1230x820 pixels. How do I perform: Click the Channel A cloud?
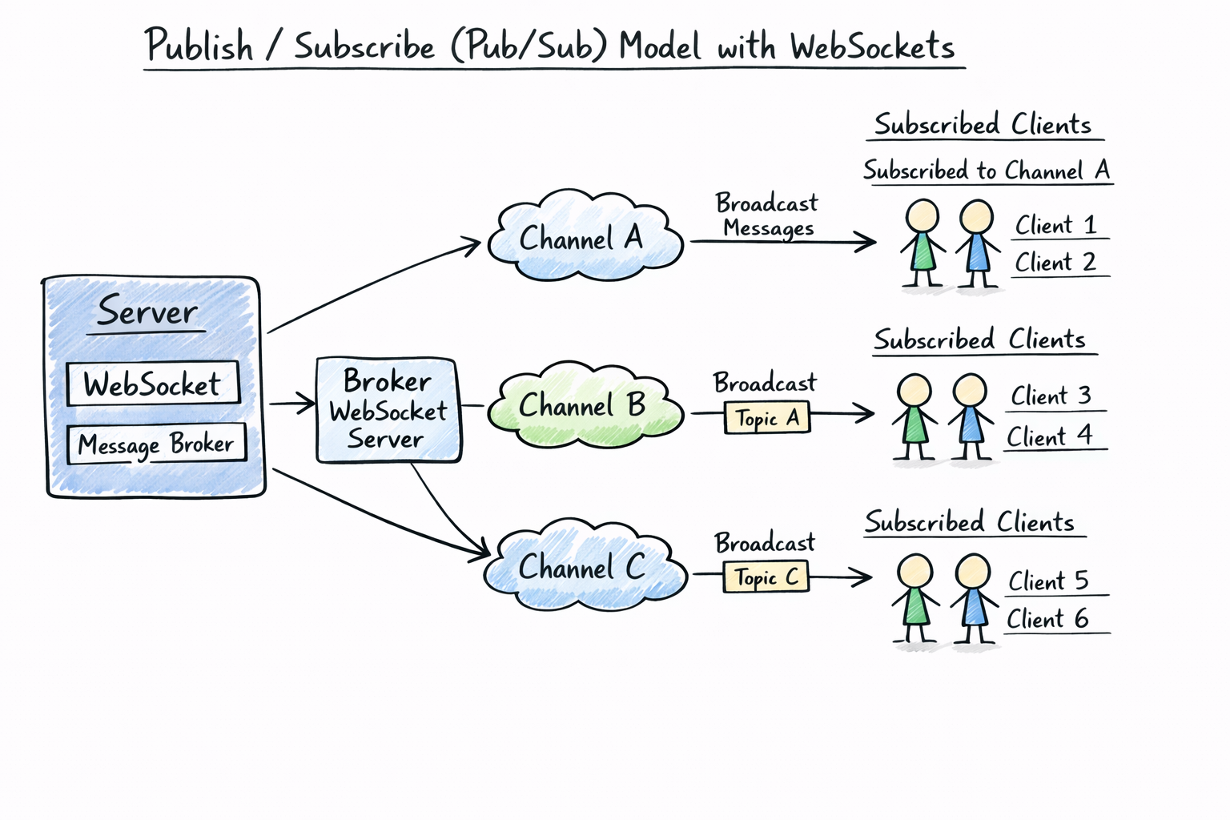tap(585, 238)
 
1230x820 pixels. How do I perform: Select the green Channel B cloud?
tap(585, 405)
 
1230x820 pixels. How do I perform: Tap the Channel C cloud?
tap(585, 567)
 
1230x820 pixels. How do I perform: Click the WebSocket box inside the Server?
tap(152, 384)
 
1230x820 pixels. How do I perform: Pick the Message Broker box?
tap(156, 444)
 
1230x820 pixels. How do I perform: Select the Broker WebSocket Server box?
tap(388, 410)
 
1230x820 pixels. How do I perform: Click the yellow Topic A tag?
tap(766, 418)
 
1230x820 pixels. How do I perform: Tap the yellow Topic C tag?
tap(766, 577)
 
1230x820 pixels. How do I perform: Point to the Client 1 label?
tap(1055, 225)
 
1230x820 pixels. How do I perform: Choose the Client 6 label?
tap(1047, 619)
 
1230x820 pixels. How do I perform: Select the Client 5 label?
tap(1048, 581)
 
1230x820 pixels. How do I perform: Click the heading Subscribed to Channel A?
tap(987, 171)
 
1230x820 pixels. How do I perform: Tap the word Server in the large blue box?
tap(147, 312)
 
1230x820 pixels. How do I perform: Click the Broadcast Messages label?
tap(766, 215)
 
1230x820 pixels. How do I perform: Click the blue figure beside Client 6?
tap(973, 599)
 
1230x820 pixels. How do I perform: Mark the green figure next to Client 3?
tap(914, 416)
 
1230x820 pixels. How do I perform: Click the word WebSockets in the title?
tap(872, 46)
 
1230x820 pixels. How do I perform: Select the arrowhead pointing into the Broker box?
tap(307, 404)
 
